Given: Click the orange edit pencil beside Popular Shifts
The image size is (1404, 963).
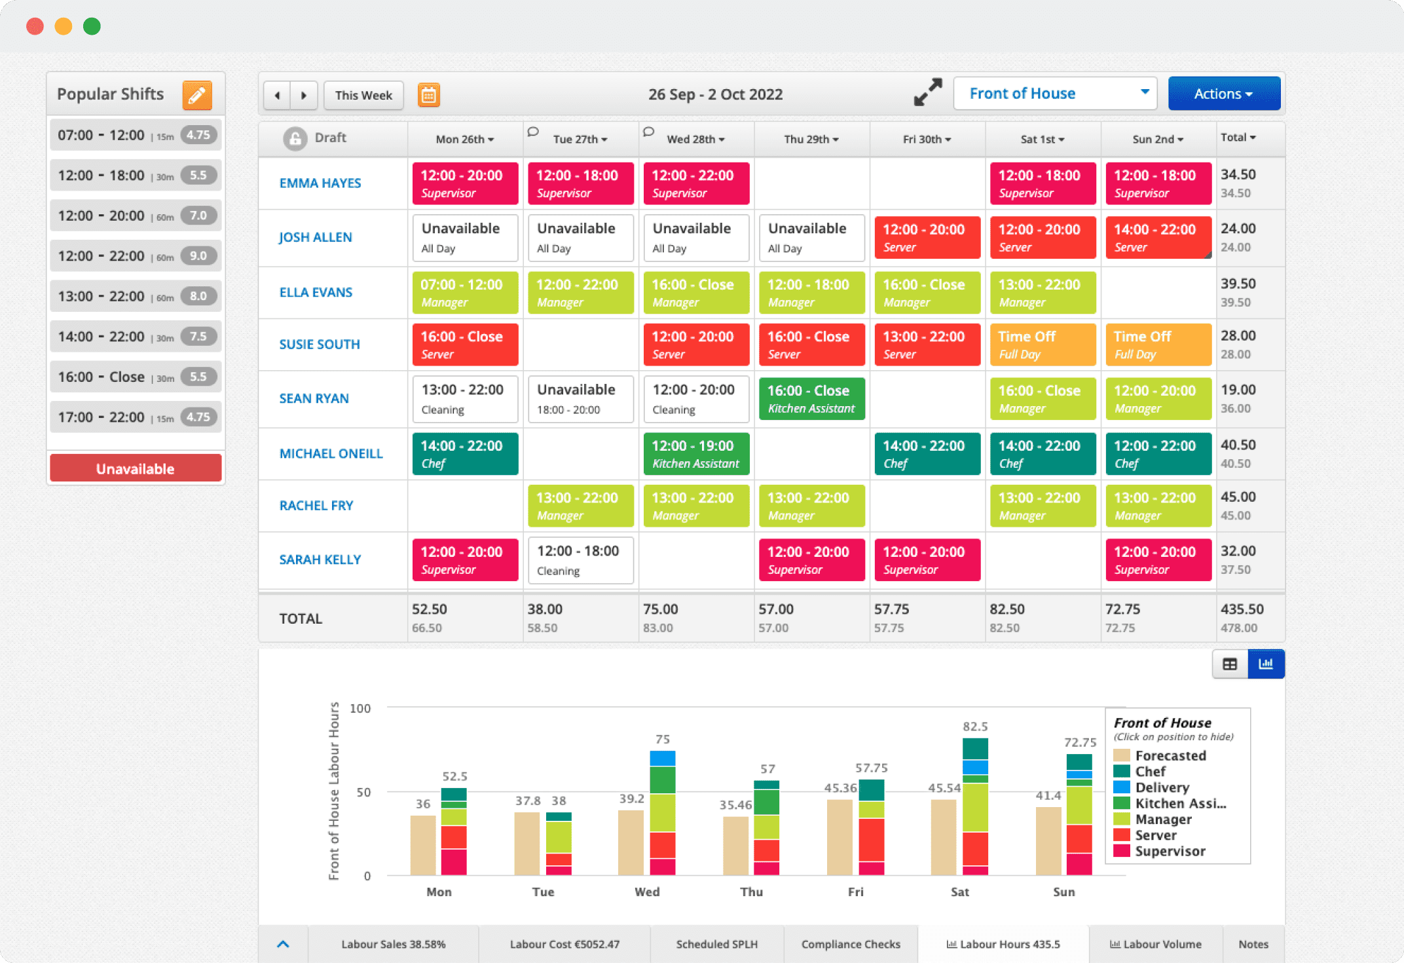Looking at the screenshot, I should coord(197,95).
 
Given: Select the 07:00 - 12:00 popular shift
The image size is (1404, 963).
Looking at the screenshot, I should coord(136,136).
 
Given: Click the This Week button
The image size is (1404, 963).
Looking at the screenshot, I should coord(363,95).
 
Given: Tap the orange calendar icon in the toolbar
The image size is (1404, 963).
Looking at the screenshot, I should coord(429,95).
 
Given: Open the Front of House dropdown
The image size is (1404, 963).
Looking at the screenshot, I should coord(1055,94).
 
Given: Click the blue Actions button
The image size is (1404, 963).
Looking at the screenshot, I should coord(1223,94).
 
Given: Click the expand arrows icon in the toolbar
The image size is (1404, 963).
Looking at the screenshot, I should coord(928,92).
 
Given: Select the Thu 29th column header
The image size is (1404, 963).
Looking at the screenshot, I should coord(811,139).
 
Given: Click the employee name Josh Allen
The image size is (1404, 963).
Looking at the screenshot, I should coord(315,237).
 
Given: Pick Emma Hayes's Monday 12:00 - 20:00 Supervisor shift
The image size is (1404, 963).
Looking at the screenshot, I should coord(465,183).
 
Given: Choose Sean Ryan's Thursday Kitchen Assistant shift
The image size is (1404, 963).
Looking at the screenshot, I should coord(811,398).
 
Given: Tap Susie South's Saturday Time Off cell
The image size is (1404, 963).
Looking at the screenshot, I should coord(1043,344).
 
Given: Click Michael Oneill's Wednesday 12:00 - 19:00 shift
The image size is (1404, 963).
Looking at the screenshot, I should coord(696,453).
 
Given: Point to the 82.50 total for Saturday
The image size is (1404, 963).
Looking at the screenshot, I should coord(1007,609).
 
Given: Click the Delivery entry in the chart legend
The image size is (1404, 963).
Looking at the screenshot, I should coord(1161,787).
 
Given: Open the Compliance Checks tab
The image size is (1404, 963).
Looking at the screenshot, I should coord(850,944).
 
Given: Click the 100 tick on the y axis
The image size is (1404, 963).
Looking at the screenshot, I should coord(360,708).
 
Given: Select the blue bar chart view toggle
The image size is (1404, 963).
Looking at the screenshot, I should coord(1265,664).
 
